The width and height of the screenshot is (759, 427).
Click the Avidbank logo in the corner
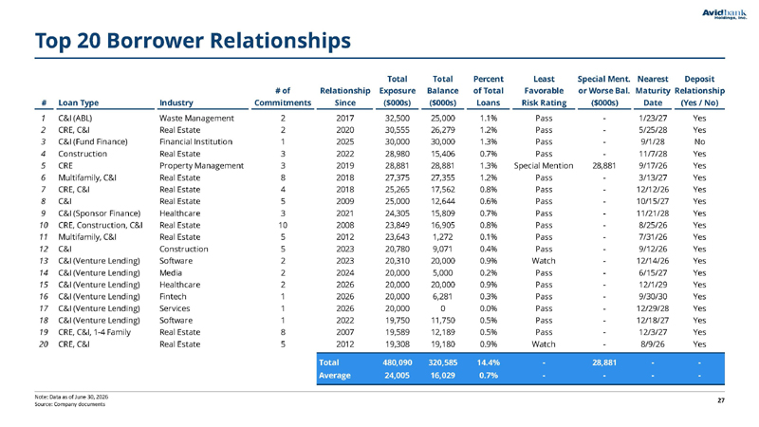coord(724,14)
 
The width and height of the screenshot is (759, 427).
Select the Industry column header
coord(176,102)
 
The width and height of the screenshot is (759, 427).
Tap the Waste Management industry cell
coord(196,118)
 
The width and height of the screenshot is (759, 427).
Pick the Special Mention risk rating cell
coord(544,165)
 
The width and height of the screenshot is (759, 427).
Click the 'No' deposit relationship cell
coord(699,141)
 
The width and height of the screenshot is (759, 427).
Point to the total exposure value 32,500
coord(398,118)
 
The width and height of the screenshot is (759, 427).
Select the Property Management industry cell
coord(202,165)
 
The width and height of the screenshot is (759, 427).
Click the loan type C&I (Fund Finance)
coord(93,141)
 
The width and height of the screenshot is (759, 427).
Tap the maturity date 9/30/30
coord(653,296)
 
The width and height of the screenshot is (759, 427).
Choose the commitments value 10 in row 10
coord(283,225)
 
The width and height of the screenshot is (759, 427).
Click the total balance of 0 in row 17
coord(443,308)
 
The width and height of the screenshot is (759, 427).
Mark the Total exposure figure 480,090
coord(398,362)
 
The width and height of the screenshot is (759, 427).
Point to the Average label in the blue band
coord(335,375)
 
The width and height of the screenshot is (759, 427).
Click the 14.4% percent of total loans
coord(489,362)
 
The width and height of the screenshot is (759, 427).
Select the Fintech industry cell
coord(173,296)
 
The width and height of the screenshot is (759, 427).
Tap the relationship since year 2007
coord(345,332)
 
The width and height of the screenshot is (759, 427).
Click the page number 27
coord(721,400)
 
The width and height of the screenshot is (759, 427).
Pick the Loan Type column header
coord(79,102)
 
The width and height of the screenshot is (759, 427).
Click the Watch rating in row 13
coord(544,261)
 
